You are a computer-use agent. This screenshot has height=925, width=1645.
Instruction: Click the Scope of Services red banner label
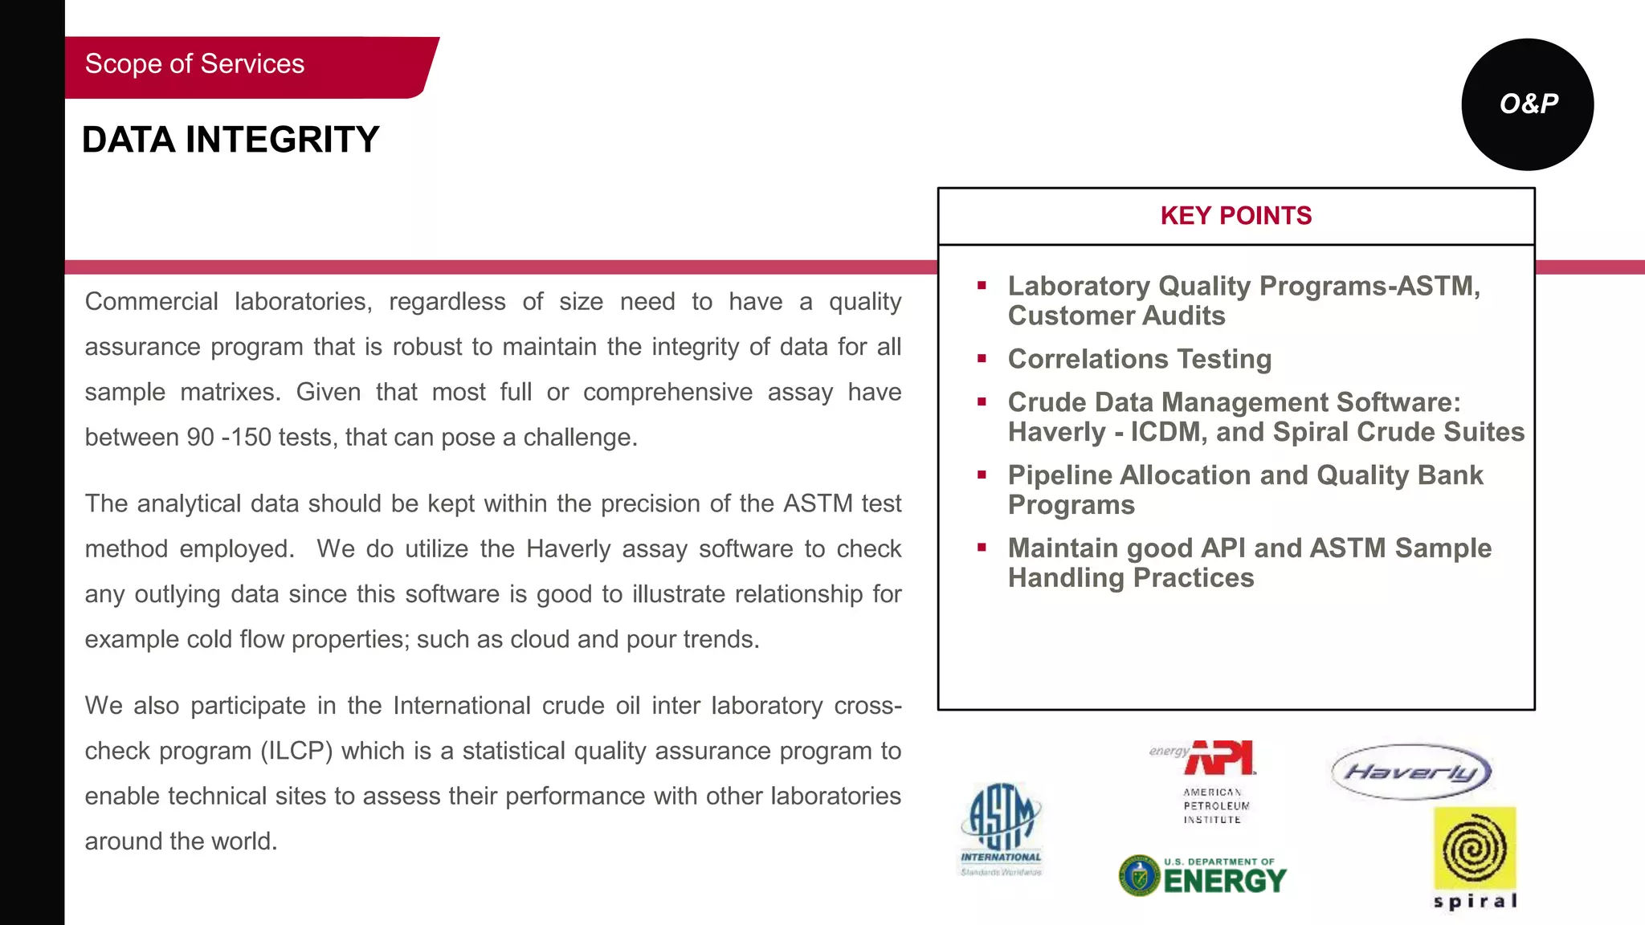point(195,64)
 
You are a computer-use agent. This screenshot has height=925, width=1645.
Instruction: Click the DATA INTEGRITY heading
point(231,140)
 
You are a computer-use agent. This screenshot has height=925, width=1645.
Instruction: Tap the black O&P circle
point(1527,104)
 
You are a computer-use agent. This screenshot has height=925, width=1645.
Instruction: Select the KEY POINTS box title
point(1235,216)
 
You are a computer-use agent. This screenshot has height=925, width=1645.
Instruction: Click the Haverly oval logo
point(1411,772)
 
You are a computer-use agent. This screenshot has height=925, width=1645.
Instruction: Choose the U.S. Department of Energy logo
point(1202,876)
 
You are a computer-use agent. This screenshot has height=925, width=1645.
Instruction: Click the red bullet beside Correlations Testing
point(982,359)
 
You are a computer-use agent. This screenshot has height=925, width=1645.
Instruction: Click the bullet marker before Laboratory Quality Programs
point(982,286)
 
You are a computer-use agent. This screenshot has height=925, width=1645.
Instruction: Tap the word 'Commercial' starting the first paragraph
point(151,302)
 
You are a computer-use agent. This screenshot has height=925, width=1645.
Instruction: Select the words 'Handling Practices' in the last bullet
point(1130,578)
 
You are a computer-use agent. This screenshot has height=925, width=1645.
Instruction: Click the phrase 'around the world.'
point(181,841)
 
